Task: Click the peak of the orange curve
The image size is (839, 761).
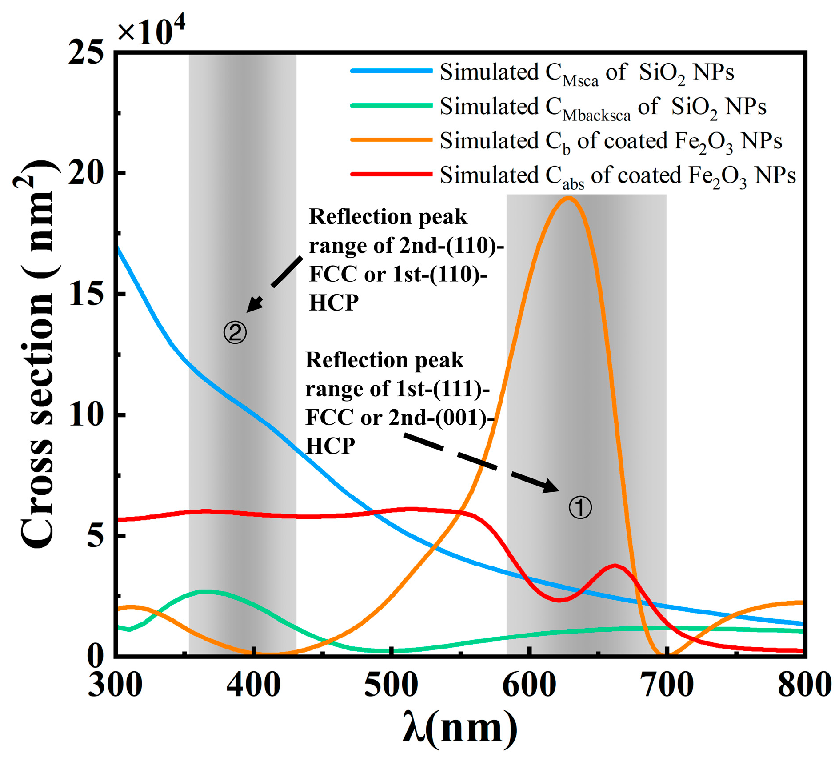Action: pyautogui.click(x=568, y=199)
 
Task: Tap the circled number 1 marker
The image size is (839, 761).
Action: pyautogui.click(x=580, y=507)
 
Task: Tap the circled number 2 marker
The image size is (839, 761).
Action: pyautogui.click(x=235, y=332)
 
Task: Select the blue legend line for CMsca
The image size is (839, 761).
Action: pyautogui.click(x=391, y=71)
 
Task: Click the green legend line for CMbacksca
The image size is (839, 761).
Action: pyautogui.click(x=391, y=106)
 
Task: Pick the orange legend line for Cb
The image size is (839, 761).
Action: pyautogui.click(x=391, y=140)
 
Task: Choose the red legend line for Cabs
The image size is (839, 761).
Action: pyautogui.click(x=391, y=174)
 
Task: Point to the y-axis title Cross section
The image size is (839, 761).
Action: pyautogui.click(x=38, y=355)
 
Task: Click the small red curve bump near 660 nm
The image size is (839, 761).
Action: pyautogui.click(x=615, y=566)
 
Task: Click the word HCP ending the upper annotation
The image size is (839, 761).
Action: pyautogui.click(x=333, y=303)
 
